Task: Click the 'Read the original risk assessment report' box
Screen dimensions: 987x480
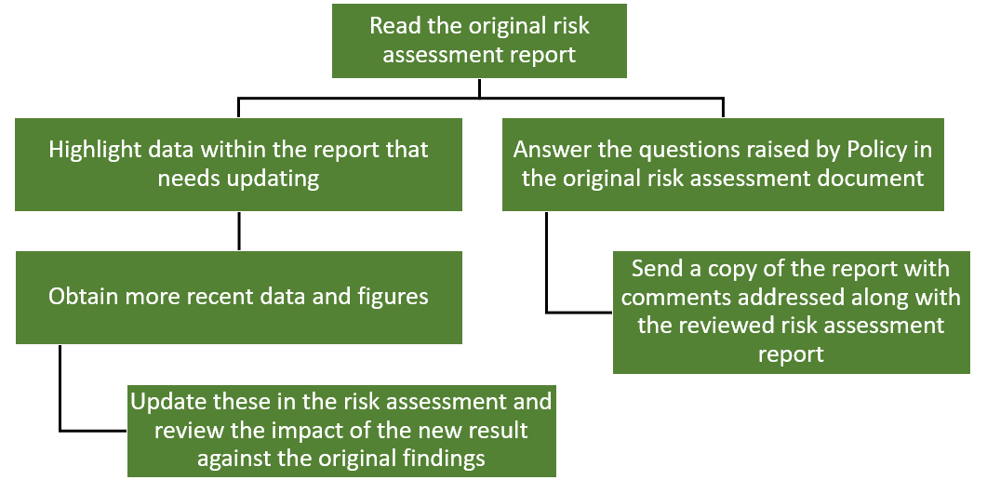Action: click(x=479, y=41)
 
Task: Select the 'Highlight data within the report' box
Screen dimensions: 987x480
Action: click(x=238, y=165)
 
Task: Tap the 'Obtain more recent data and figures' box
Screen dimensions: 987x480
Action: click(x=238, y=298)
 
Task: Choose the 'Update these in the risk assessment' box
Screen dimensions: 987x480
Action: click(x=341, y=431)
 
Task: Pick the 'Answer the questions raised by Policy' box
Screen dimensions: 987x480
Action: click(x=723, y=165)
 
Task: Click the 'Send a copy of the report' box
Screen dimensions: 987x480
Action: click(x=792, y=312)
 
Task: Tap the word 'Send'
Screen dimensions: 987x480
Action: click(x=656, y=269)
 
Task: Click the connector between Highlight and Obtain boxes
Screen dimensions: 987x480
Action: click(x=238, y=231)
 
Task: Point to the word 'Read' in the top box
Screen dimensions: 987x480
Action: click(x=393, y=26)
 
